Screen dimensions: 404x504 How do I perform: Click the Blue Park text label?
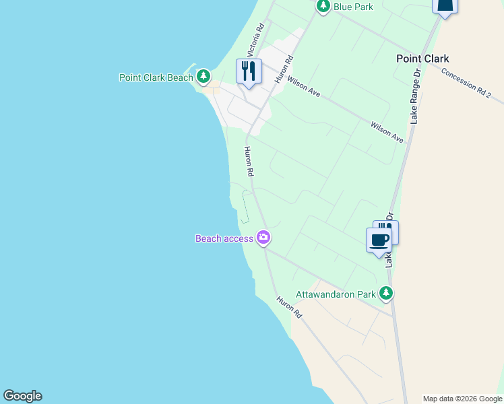354,7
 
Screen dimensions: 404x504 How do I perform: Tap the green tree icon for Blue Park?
323,6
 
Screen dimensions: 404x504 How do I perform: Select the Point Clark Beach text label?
156,77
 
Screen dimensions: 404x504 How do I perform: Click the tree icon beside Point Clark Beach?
203,77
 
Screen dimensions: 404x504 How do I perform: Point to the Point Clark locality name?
422,59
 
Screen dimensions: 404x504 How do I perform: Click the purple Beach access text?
224,238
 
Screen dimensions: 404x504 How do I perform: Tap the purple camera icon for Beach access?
263,237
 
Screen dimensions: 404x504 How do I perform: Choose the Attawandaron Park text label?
336,294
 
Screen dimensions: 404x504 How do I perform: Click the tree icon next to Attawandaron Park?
385,293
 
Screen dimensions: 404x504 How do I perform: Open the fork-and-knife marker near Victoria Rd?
249,71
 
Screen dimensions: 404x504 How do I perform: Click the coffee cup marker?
379,240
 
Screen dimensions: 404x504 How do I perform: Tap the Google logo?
22,396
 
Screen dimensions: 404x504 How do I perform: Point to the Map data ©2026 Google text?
462,399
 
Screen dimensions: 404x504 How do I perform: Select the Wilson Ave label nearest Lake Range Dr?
387,132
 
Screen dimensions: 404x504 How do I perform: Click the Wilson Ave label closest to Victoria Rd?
303,88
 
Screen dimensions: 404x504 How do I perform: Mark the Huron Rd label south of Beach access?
288,307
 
